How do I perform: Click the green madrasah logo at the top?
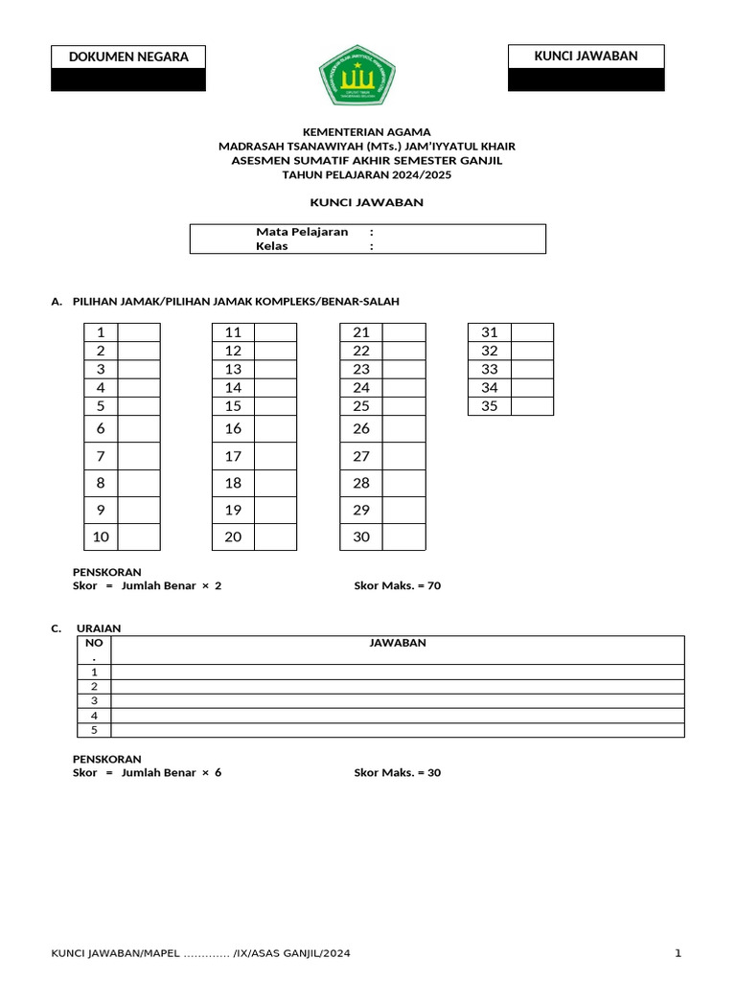(x=356, y=76)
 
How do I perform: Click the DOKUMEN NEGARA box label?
(x=128, y=57)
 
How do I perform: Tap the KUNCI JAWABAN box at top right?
(x=586, y=56)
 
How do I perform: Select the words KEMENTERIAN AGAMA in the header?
(x=367, y=131)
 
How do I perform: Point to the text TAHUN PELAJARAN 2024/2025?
(x=367, y=175)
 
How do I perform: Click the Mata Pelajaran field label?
(x=302, y=232)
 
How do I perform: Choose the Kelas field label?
(x=272, y=245)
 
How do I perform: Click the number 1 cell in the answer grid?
(x=101, y=332)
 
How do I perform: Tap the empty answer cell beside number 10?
(x=139, y=536)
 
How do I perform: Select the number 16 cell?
(x=233, y=428)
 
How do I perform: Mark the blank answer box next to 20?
(x=275, y=536)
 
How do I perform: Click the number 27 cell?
(x=361, y=456)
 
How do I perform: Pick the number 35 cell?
(x=490, y=406)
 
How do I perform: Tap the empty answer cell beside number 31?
(x=532, y=332)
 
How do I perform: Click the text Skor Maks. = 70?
(x=397, y=585)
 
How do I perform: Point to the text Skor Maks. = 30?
(x=397, y=772)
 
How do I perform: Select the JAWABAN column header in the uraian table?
(x=398, y=643)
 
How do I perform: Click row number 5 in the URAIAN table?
(x=94, y=730)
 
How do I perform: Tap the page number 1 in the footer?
(x=678, y=953)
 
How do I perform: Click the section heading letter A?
(x=55, y=302)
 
